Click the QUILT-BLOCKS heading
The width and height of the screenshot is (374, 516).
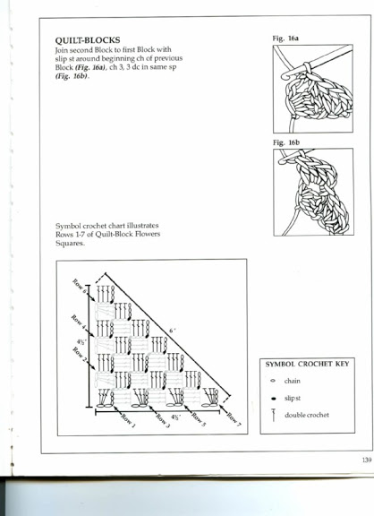(x=88, y=40)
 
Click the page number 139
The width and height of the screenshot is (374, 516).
(x=367, y=460)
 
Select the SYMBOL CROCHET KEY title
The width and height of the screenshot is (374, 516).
(x=307, y=364)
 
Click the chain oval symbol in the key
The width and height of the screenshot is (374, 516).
(x=273, y=381)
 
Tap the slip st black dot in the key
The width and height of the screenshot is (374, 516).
(x=273, y=399)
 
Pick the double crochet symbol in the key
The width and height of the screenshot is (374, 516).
(x=273, y=415)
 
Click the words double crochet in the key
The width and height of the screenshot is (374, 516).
(x=307, y=415)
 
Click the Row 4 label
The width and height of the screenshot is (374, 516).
(x=78, y=322)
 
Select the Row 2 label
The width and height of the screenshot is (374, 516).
(x=79, y=355)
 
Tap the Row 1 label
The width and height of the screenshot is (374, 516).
(x=128, y=421)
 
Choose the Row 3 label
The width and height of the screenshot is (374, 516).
(x=163, y=421)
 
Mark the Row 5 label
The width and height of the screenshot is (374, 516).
(x=199, y=419)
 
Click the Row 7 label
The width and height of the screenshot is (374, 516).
(x=234, y=419)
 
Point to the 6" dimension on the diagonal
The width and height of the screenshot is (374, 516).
(x=172, y=331)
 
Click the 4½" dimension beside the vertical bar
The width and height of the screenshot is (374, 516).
(x=81, y=342)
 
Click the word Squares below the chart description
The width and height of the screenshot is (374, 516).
(x=70, y=243)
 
